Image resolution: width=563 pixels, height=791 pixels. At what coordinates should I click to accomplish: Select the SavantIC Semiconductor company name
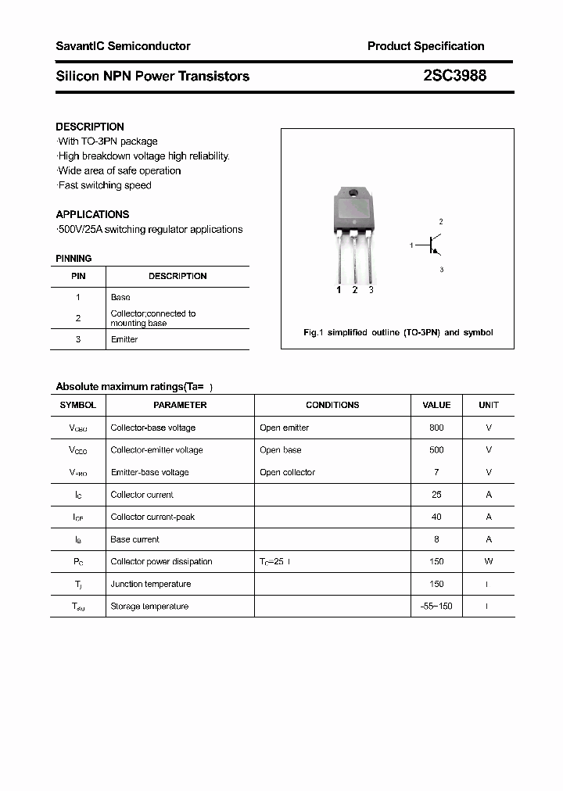pyautogui.click(x=123, y=46)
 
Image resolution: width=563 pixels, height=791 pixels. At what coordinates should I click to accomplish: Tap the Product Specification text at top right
pyautogui.click(x=425, y=46)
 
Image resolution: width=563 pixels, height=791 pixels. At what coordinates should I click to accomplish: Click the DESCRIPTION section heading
pyautogui.click(x=90, y=127)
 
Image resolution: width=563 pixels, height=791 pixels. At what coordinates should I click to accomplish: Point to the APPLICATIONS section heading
pyautogui.click(x=92, y=214)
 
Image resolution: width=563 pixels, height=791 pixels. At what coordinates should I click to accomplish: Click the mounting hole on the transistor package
pyautogui.click(x=353, y=194)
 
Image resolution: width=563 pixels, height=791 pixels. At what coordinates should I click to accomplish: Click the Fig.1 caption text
pyautogui.click(x=397, y=332)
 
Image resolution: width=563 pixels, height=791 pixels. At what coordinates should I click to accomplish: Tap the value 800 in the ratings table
pyautogui.click(x=436, y=428)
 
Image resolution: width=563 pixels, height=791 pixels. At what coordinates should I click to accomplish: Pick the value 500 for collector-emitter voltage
pyautogui.click(x=436, y=450)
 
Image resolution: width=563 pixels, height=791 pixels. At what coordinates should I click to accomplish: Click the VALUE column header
pyautogui.click(x=436, y=405)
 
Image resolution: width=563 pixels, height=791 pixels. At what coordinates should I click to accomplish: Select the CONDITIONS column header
pyautogui.click(x=332, y=405)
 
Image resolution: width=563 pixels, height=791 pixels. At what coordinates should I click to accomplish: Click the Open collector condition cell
pyautogui.click(x=287, y=472)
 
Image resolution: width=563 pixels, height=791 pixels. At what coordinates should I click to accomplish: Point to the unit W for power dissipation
pyautogui.click(x=488, y=561)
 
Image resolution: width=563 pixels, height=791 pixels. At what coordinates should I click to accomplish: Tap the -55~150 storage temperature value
pyautogui.click(x=436, y=606)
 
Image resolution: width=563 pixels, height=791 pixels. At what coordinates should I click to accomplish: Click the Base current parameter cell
pyautogui.click(x=134, y=539)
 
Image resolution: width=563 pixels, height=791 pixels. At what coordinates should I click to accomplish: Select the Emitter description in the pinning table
pyautogui.click(x=124, y=339)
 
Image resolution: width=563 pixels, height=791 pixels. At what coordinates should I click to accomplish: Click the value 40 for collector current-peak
pyautogui.click(x=436, y=517)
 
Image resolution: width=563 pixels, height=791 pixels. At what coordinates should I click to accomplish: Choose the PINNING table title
pyautogui.click(x=74, y=259)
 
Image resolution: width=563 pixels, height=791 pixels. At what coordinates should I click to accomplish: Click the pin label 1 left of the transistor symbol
pyautogui.click(x=411, y=246)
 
